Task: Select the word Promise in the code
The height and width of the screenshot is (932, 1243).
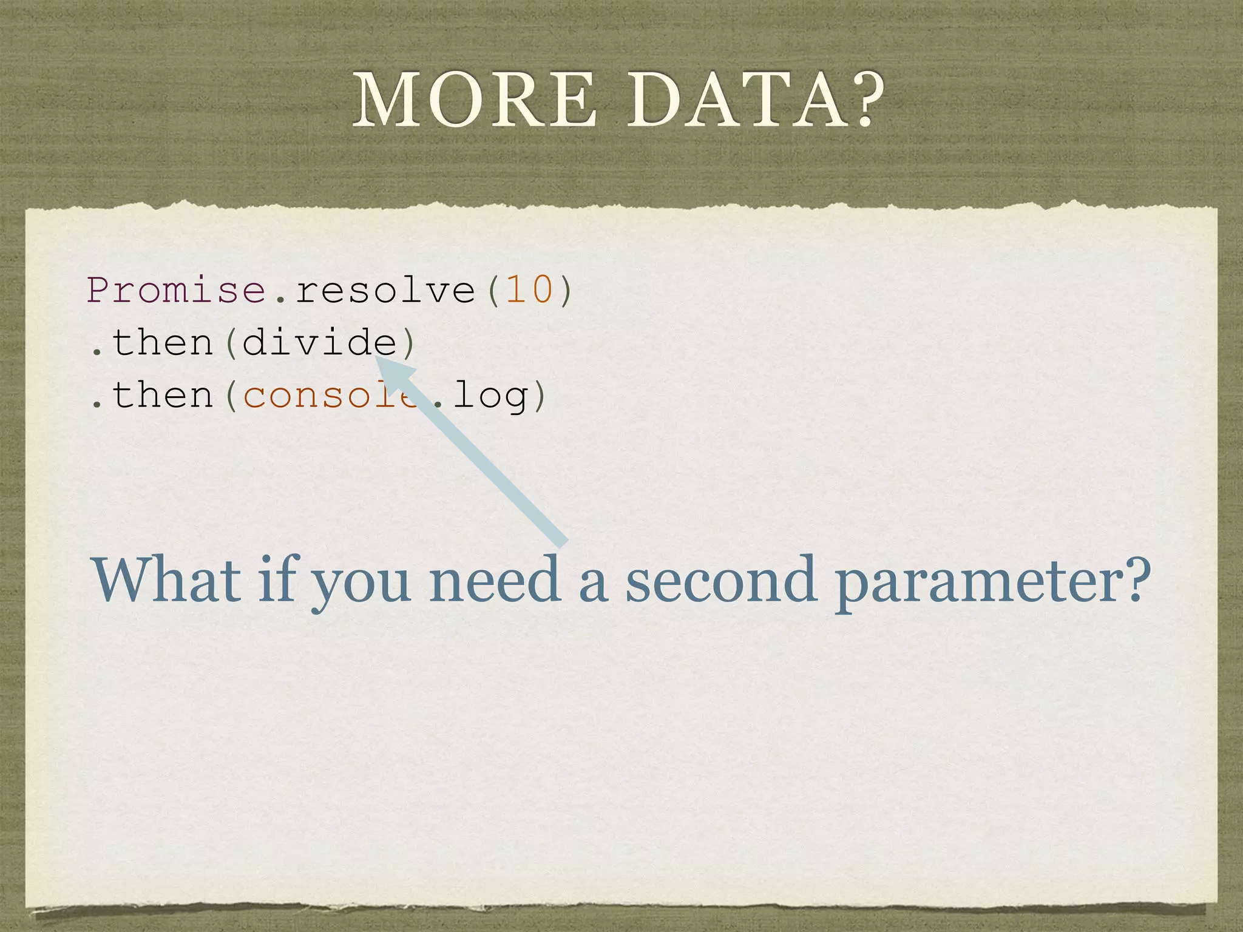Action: point(177,290)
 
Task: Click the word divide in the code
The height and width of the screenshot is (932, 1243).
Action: point(319,343)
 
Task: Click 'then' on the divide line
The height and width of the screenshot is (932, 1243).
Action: point(163,343)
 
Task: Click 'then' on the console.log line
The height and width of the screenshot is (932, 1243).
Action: point(163,396)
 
